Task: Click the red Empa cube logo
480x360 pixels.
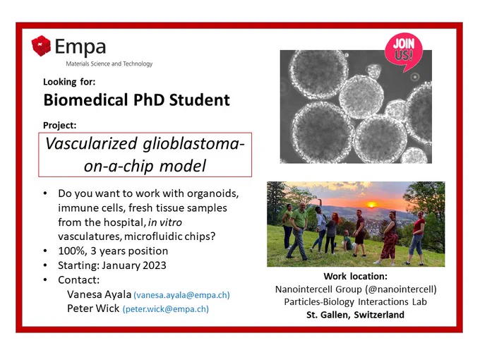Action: point(41,46)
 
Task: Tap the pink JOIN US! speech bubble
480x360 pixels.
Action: point(404,52)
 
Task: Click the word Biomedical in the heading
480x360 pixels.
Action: point(85,100)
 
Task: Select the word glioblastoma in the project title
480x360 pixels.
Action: point(191,143)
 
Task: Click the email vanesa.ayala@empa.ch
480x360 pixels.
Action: point(182,295)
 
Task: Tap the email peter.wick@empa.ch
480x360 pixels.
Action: point(166,309)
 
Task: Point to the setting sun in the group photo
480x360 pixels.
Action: point(371,205)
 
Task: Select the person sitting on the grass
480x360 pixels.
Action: point(347,241)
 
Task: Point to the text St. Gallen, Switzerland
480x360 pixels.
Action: point(355,315)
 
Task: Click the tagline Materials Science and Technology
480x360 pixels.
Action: point(109,64)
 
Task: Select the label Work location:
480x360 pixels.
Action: point(355,276)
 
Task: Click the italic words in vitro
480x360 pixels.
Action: point(165,222)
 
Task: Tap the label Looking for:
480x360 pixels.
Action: point(69,82)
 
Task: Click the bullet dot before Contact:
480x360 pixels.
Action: point(45,280)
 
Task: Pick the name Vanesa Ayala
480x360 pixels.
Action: point(100,294)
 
